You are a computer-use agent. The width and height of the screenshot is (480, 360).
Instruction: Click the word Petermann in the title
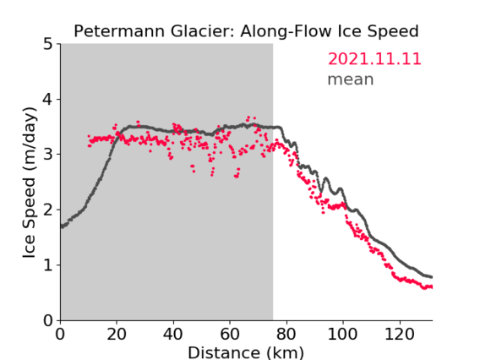[120, 31]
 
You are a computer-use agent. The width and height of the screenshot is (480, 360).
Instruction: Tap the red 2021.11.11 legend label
[374, 59]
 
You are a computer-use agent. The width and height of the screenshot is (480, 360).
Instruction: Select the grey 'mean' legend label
[351, 79]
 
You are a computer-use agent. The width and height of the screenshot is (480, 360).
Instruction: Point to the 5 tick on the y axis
[48, 45]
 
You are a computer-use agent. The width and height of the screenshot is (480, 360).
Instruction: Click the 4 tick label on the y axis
[48, 100]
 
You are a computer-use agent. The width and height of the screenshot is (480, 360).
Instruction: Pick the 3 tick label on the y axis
[48, 155]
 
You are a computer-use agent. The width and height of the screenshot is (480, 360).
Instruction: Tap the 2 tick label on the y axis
[48, 210]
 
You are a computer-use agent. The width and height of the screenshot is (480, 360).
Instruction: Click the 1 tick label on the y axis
[48, 265]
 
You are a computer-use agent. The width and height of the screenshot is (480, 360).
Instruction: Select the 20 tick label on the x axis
[117, 334]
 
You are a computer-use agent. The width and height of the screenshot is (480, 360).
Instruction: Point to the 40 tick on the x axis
[173, 334]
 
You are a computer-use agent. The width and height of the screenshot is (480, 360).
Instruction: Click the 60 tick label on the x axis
[230, 334]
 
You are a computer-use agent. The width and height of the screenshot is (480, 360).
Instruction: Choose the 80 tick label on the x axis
[286, 334]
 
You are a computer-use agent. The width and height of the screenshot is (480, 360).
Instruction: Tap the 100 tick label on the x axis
[342, 334]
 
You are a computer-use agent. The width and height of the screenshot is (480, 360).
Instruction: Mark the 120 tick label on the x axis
[399, 334]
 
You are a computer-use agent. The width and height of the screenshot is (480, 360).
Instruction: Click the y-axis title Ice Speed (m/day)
[29, 183]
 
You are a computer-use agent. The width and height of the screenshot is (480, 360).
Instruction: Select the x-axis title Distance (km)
[246, 352]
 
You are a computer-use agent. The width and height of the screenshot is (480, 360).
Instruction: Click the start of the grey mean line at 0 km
[62, 226]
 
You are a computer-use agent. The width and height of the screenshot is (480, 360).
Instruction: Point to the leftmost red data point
[89, 136]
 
